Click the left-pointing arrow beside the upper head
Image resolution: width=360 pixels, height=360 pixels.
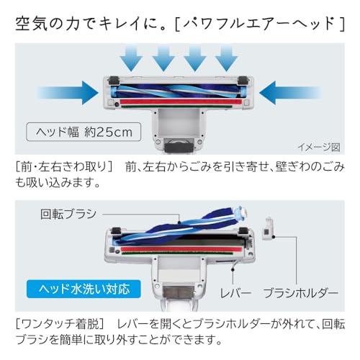click(x=290, y=93)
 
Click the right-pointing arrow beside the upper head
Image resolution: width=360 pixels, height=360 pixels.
click(x=68, y=93)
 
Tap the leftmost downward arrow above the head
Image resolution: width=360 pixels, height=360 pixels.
click(x=131, y=59)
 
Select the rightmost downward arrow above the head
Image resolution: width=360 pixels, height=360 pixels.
click(x=226, y=59)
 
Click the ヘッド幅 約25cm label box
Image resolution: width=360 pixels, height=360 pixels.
click(x=84, y=132)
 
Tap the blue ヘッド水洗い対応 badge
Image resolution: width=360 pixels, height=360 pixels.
click(x=84, y=289)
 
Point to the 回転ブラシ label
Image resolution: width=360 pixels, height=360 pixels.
click(x=68, y=214)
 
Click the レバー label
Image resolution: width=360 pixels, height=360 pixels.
click(x=235, y=293)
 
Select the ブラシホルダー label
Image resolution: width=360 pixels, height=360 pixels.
click(x=300, y=293)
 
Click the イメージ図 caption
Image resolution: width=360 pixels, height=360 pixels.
click(x=319, y=147)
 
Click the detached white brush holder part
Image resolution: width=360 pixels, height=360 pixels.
click(x=269, y=228)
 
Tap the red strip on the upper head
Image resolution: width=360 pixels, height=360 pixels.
click(x=181, y=102)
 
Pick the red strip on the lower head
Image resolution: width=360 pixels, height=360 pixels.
click(x=181, y=249)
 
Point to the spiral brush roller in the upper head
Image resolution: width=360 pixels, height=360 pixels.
click(x=178, y=91)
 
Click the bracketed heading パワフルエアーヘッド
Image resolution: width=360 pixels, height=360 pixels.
click(x=260, y=24)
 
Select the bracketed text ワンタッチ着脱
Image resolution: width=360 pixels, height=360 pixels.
click(x=60, y=324)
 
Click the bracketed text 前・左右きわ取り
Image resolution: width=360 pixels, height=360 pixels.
click(x=64, y=167)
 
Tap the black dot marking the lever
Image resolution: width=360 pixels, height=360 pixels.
click(x=233, y=269)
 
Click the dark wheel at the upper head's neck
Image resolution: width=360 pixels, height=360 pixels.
click(x=179, y=145)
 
